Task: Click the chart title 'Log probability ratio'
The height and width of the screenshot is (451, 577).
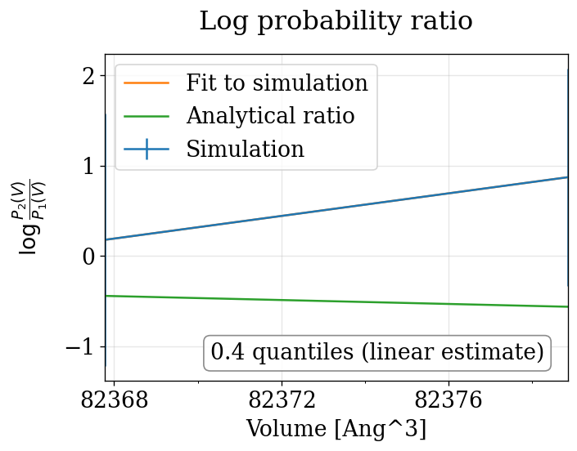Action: coord(336,21)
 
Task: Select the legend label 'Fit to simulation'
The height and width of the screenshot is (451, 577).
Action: coord(277,83)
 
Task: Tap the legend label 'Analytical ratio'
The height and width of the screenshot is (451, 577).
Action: coord(270,116)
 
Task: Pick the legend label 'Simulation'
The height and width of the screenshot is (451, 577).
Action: coord(245,149)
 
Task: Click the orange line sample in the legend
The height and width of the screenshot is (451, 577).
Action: coord(147,83)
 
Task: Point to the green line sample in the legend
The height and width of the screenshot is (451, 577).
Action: coord(147,116)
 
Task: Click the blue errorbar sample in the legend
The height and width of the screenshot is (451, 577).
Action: coord(147,149)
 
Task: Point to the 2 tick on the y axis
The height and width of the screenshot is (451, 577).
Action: coord(88,76)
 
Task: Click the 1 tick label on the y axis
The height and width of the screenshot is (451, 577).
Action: coord(88,167)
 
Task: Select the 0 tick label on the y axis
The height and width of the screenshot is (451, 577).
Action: coord(88,257)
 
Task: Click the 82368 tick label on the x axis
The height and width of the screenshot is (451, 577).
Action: coord(115,401)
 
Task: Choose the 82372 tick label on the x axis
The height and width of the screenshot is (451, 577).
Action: coord(282,401)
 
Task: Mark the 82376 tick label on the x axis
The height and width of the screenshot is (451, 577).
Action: coord(449,401)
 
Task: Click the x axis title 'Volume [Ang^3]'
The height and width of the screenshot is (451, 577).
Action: coord(336,429)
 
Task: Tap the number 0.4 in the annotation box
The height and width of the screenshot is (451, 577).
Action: coord(227,352)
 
